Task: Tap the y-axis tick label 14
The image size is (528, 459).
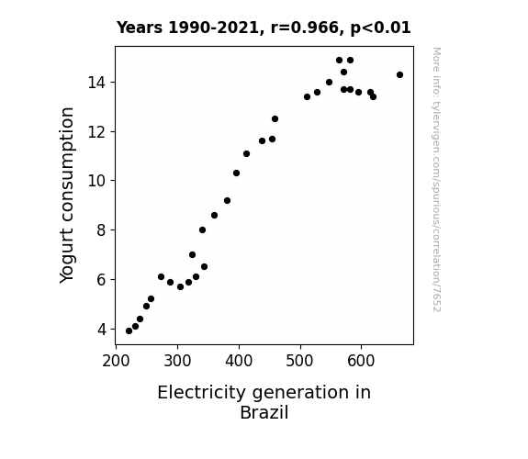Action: pyautogui.click(x=97, y=83)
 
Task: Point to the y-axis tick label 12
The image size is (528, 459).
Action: pyautogui.click(x=97, y=132)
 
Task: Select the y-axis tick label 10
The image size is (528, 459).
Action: pyautogui.click(x=97, y=181)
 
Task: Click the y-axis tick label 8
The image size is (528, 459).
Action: pyautogui.click(x=102, y=230)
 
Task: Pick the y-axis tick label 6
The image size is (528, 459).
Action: pyautogui.click(x=102, y=280)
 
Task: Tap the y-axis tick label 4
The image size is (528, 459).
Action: pyautogui.click(x=102, y=330)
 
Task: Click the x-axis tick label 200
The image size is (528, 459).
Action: pyautogui.click(x=116, y=361)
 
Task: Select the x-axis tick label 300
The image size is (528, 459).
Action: pyautogui.click(x=177, y=361)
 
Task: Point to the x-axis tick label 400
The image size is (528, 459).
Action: pyautogui.click(x=239, y=361)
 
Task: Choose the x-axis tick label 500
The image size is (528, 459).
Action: pyautogui.click(x=299, y=361)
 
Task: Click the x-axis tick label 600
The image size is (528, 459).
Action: pyautogui.click(x=361, y=361)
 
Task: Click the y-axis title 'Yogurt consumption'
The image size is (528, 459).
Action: pyautogui.click(x=67, y=196)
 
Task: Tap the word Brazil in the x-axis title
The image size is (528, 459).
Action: pyautogui.click(x=264, y=412)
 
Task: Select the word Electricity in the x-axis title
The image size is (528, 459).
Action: pyautogui.click(x=202, y=393)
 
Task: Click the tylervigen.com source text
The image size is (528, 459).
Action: pyautogui.click(x=436, y=180)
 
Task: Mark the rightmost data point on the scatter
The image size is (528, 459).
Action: pyautogui.click(x=399, y=74)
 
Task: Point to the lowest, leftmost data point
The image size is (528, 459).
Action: pyautogui.click(x=129, y=331)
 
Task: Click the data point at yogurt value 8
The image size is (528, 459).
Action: pyautogui.click(x=202, y=230)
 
